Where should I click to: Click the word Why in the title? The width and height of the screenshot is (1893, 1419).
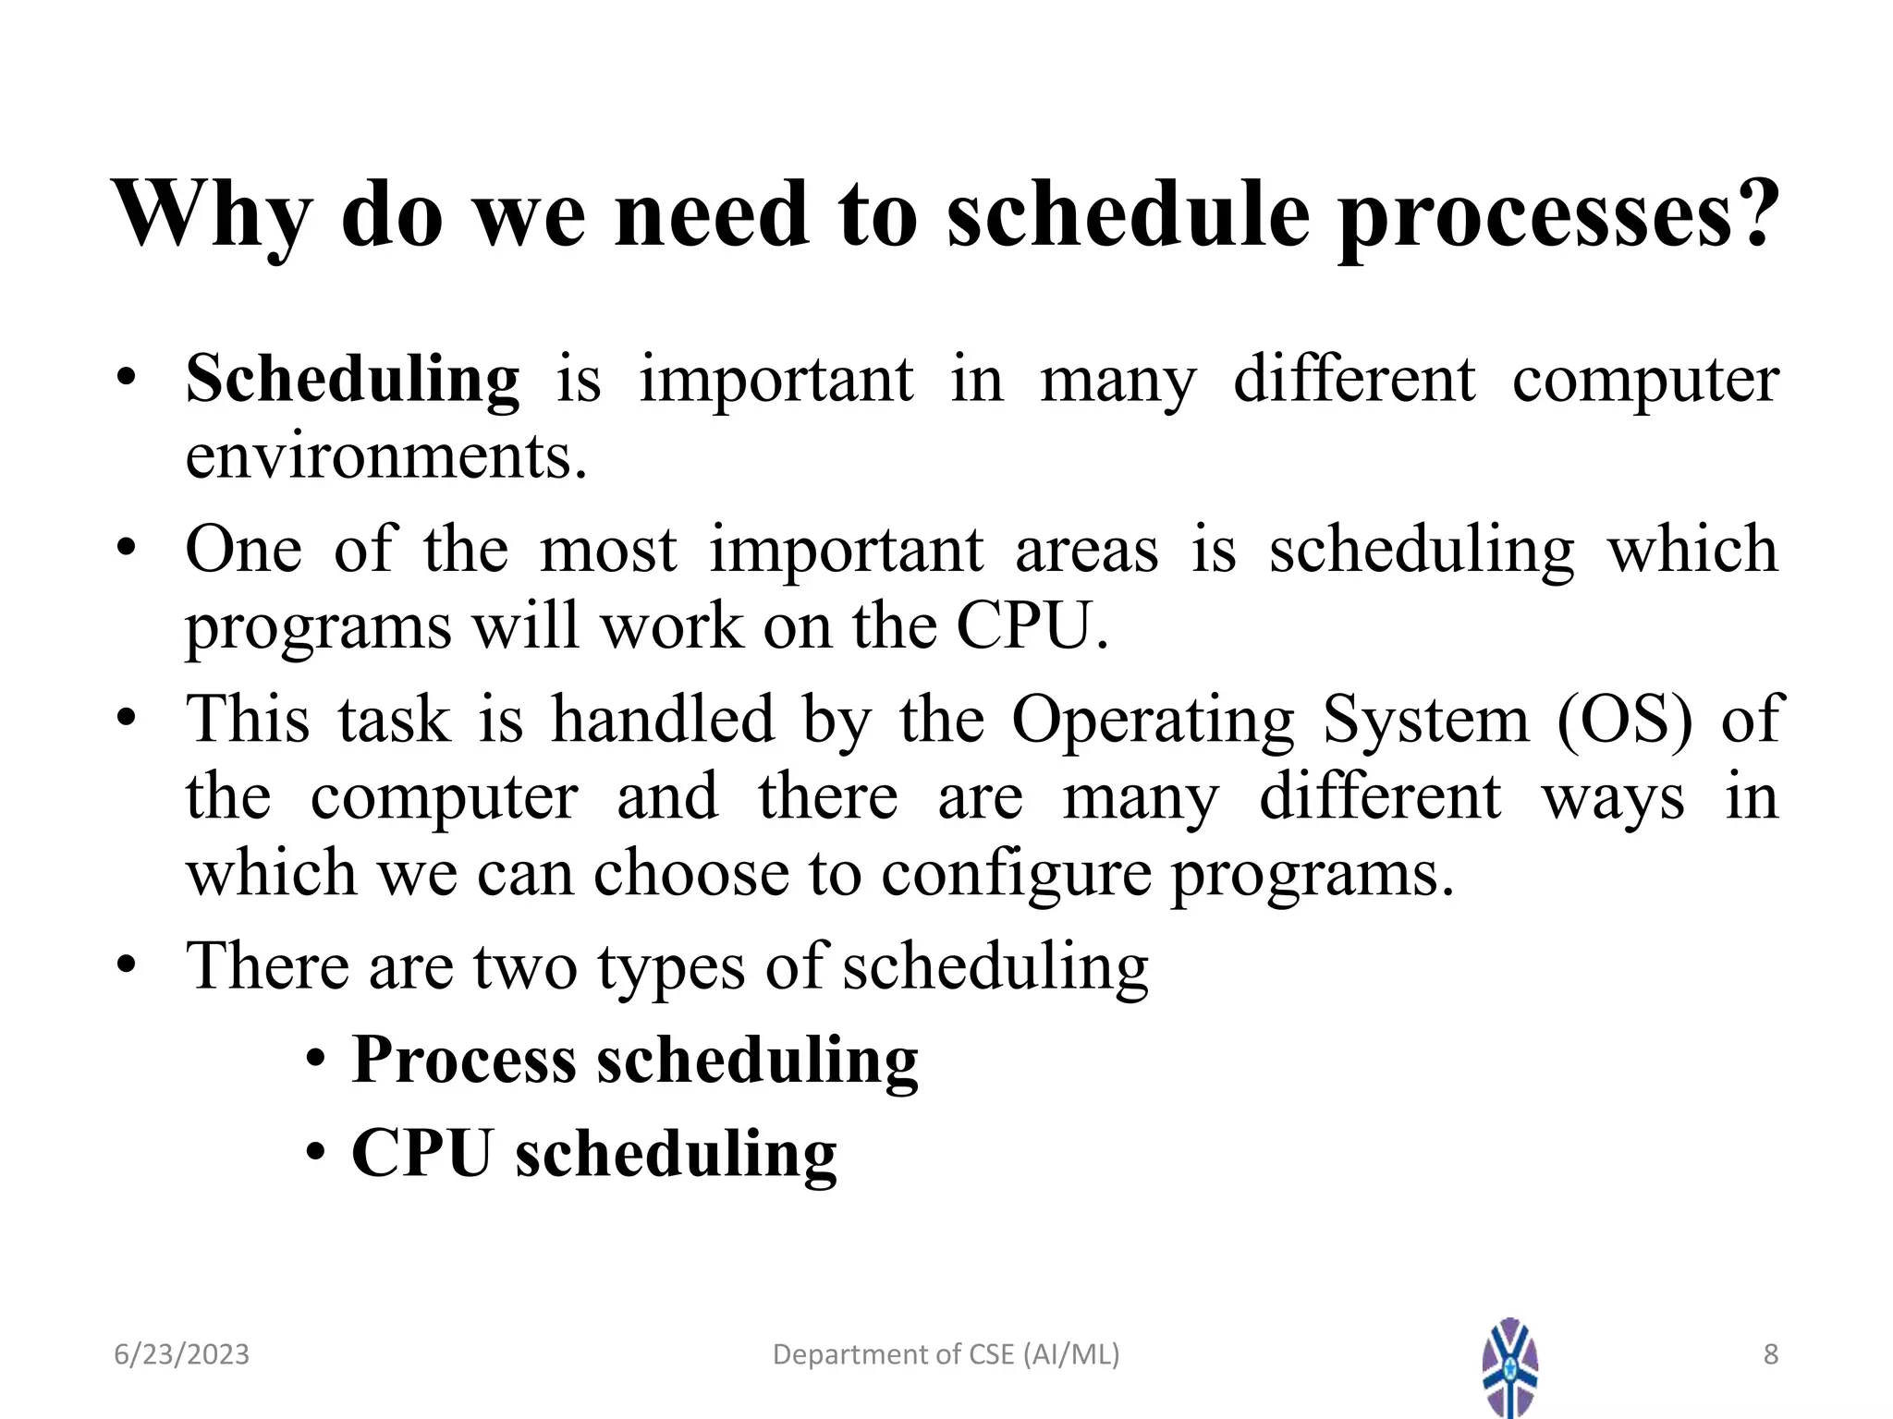click(x=211, y=214)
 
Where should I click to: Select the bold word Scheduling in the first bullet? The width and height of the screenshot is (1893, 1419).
click(x=352, y=380)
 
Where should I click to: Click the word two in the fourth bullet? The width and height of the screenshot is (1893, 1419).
click(x=525, y=966)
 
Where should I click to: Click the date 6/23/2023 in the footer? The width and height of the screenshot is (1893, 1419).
click(x=181, y=1354)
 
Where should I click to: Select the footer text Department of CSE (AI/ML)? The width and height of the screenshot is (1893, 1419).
click(x=946, y=1354)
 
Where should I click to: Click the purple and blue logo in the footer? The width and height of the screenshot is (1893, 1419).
click(x=1509, y=1366)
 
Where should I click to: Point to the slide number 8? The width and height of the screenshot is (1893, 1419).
click(x=1770, y=1354)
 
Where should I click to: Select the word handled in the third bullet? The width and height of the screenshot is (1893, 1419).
click(x=662, y=719)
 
